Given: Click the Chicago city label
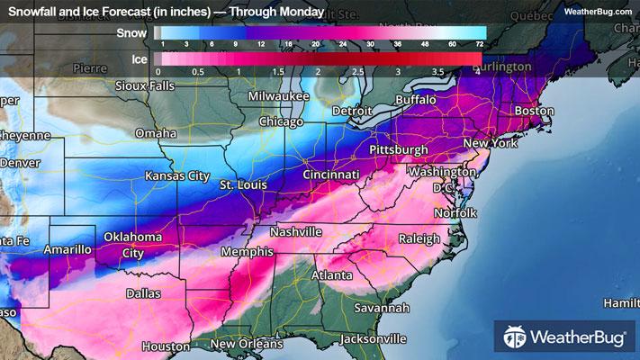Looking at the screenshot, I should (x=280, y=121).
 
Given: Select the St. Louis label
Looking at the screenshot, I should (x=246, y=184).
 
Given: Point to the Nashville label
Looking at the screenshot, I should (x=296, y=231).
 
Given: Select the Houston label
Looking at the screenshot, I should (x=165, y=346).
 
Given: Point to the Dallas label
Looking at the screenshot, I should (x=144, y=293).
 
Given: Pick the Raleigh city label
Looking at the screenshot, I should (x=420, y=238).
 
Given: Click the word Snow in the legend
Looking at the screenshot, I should (x=132, y=33).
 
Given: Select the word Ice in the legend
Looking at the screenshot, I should (x=138, y=59).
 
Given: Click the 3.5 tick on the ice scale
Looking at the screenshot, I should (x=437, y=71).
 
